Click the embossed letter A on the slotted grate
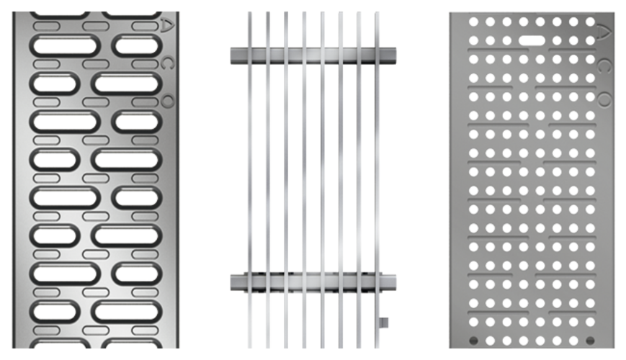(167, 24)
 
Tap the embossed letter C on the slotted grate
(167, 63)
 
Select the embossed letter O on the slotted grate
(168, 102)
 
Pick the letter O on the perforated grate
(604, 99)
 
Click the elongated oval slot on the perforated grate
(532, 40)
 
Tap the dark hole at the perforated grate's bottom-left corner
(473, 341)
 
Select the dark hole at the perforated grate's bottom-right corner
(590, 341)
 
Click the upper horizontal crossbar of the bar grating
(313, 55)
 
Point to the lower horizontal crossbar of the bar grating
(313, 282)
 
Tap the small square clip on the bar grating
(384, 323)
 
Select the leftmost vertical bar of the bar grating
(250, 179)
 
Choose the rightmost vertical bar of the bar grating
(377, 179)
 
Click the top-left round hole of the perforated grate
(473, 22)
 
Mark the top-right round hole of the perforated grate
(590, 22)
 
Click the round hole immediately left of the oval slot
(507, 40)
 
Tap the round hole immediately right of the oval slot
(557, 40)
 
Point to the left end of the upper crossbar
(231, 55)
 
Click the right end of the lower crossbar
(396, 282)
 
